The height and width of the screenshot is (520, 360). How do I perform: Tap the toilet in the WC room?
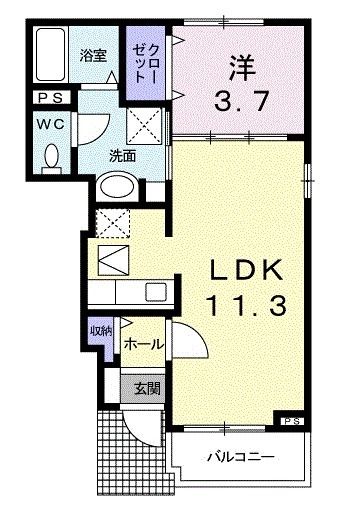[54, 155]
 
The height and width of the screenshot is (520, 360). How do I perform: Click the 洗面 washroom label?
[123, 156]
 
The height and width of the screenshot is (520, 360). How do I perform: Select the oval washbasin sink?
[118, 186]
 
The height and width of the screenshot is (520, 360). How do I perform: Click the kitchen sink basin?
[155, 291]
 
